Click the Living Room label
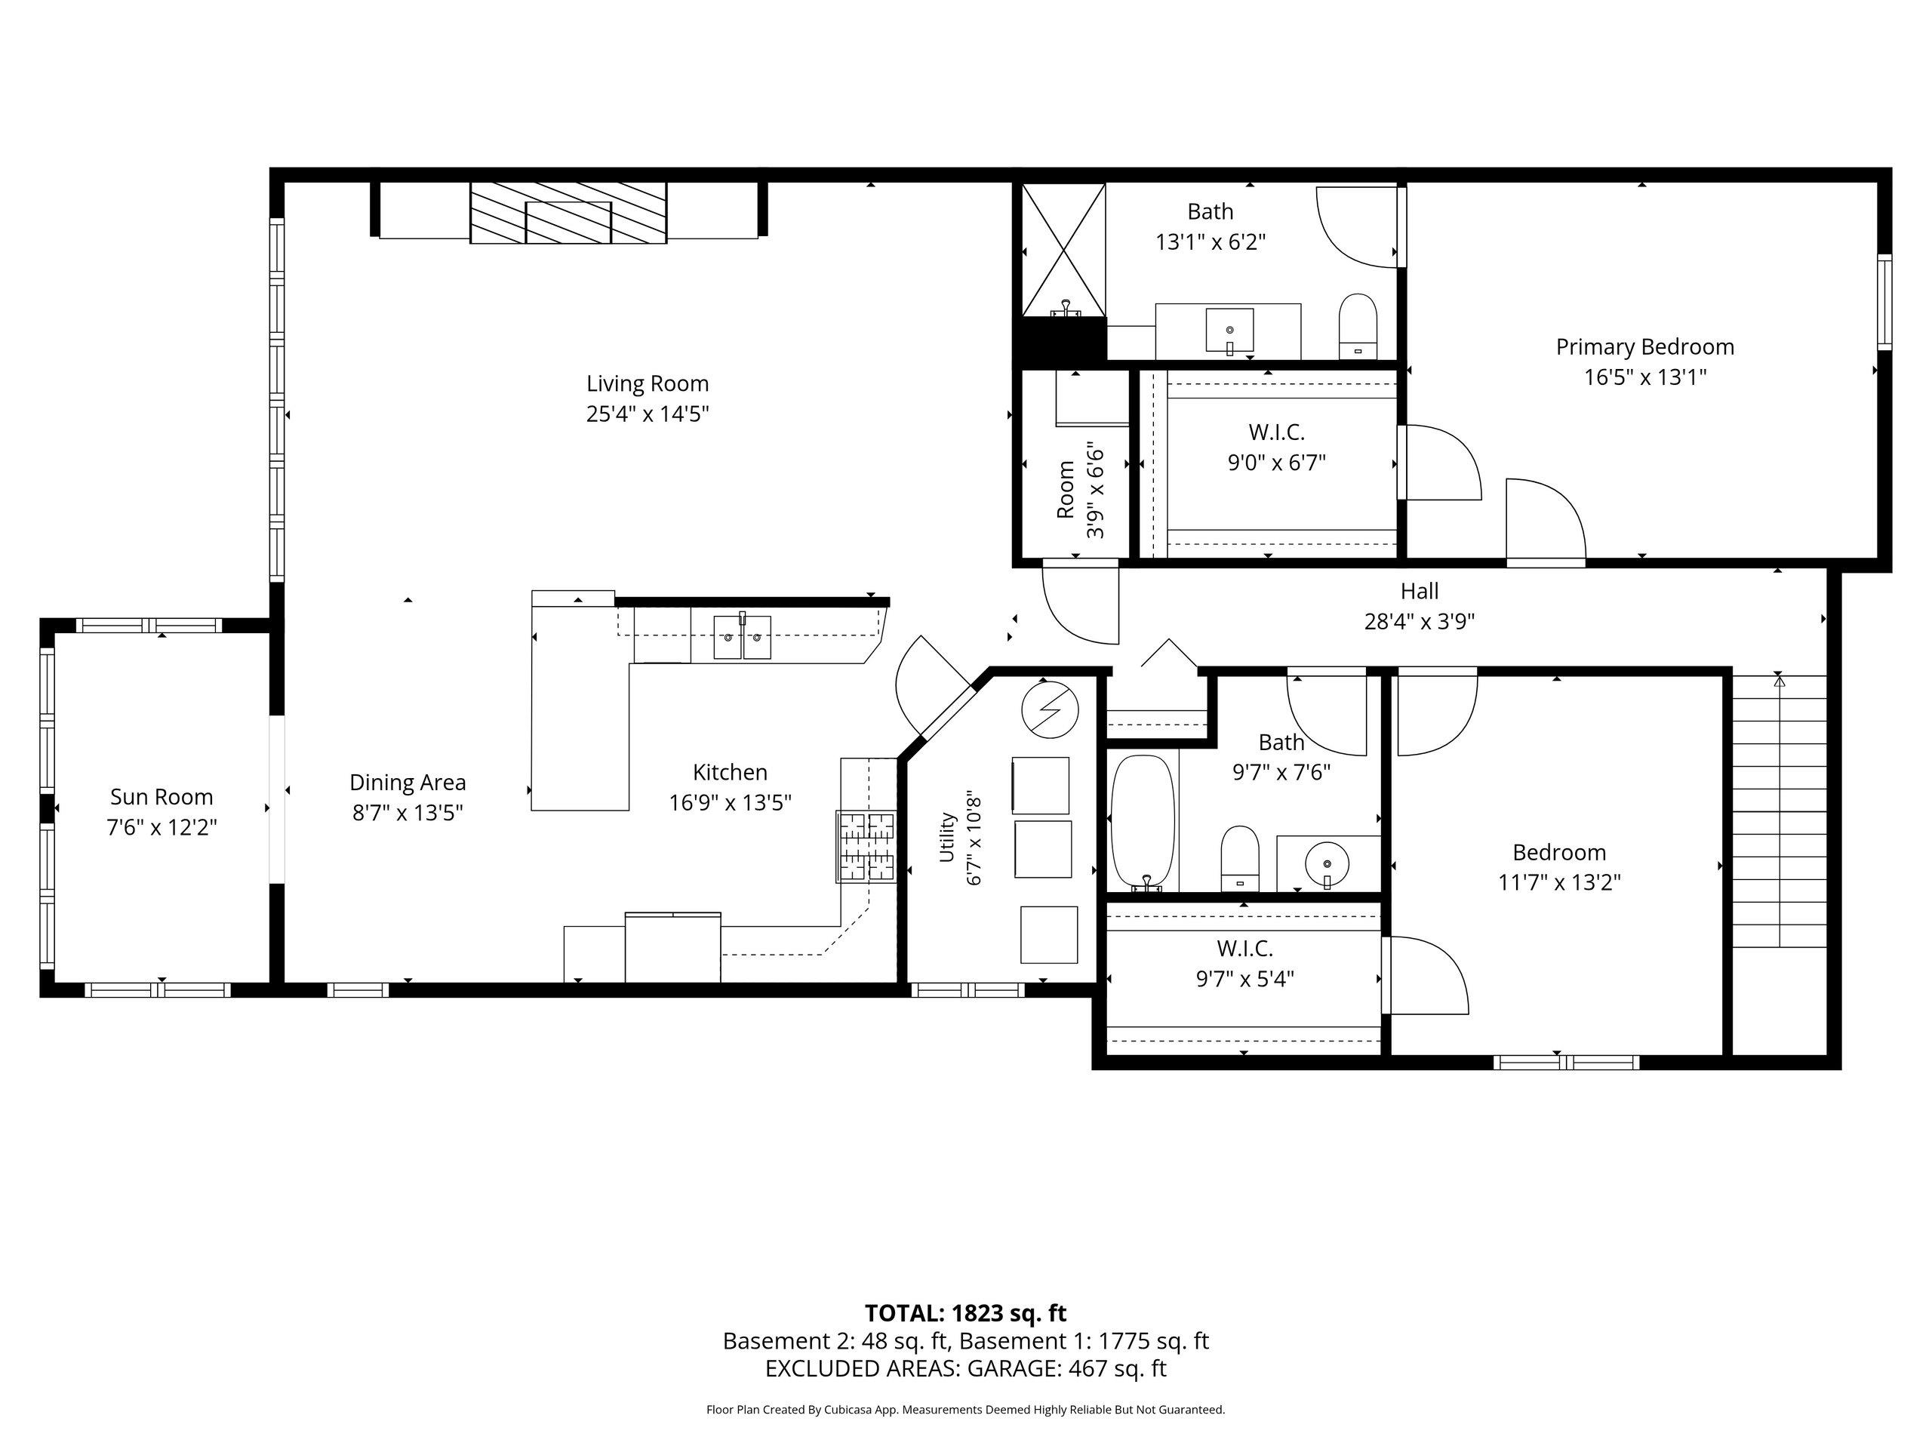pyautogui.click(x=648, y=383)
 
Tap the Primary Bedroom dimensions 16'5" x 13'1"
pyautogui.click(x=1645, y=377)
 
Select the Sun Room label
pyautogui.click(x=162, y=796)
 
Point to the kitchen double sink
pyautogui.click(x=743, y=637)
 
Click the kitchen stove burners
pyautogui.click(x=866, y=846)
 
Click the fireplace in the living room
pyautogui.click(x=568, y=213)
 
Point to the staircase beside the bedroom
pyautogui.click(x=1779, y=811)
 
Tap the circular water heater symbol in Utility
pyautogui.click(x=1050, y=709)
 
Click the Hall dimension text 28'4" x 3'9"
pyautogui.click(x=1420, y=621)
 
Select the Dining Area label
pyautogui.click(x=408, y=782)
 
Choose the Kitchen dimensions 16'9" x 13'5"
pyautogui.click(x=731, y=801)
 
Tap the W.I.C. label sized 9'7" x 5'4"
pyautogui.click(x=1244, y=948)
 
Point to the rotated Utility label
pyautogui.click(x=947, y=837)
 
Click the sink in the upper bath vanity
pyautogui.click(x=1230, y=331)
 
